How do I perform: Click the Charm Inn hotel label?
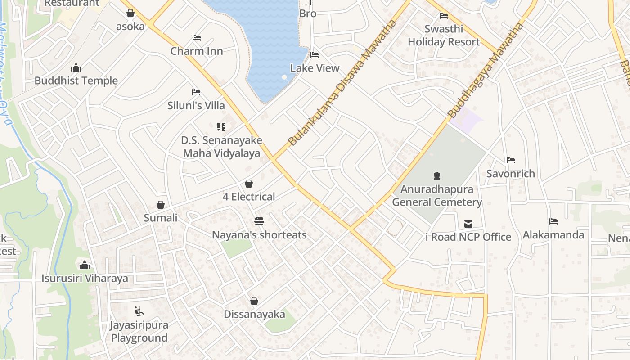(x=197, y=51)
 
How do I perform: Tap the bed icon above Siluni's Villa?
(x=196, y=92)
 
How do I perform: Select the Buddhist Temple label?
(x=76, y=81)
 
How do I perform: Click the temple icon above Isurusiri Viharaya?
(x=84, y=265)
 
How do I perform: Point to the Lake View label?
(x=315, y=68)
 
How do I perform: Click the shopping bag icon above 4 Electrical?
(x=249, y=184)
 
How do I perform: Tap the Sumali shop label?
(x=161, y=218)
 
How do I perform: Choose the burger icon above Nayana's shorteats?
(x=259, y=221)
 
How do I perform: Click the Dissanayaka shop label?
(x=254, y=314)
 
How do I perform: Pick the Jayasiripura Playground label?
(x=139, y=331)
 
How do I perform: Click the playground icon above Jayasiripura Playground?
(x=139, y=311)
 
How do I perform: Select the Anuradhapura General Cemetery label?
(x=437, y=196)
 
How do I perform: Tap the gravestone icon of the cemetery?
(x=436, y=176)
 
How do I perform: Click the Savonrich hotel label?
(x=511, y=174)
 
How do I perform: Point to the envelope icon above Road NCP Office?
(x=468, y=224)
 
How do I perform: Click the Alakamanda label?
(x=553, y=235)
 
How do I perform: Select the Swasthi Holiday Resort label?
(x=444, y=36)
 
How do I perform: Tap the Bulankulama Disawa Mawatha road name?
(x=342, y=83)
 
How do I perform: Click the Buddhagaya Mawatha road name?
(x=486, y=70)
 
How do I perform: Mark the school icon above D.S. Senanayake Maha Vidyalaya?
(x=221, y=127)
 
